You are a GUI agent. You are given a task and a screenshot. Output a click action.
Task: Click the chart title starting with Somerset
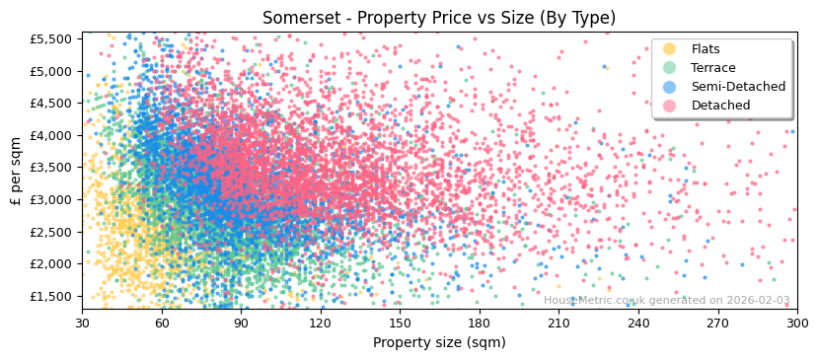(439, 18)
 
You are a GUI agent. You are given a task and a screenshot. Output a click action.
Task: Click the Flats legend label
(705, 49)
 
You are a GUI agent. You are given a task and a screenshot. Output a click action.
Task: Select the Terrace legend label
(712, 68)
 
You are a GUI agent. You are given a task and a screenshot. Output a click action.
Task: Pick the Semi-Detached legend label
(732, 87)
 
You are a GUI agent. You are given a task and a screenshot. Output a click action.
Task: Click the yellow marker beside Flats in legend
(670, 49)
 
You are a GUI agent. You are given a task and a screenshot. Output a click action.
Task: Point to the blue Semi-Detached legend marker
(670, 87)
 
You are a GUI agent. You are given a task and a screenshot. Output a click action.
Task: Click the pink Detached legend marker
(670, 106)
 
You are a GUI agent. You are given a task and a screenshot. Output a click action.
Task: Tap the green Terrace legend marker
(670, 68)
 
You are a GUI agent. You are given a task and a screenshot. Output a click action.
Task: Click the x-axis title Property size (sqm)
(439, 343)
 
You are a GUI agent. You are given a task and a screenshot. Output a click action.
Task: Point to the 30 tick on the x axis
(82, 323)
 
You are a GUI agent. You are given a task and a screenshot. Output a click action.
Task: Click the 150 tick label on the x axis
(400, 323)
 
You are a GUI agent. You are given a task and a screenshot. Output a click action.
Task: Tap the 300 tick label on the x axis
(796, 323)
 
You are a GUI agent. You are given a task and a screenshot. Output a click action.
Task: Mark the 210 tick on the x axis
(558, 323)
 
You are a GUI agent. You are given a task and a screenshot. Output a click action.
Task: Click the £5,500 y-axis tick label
(50, 38)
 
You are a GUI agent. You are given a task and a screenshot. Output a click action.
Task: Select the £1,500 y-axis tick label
(50, 296)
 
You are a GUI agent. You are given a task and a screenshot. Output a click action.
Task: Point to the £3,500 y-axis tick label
(50, 168)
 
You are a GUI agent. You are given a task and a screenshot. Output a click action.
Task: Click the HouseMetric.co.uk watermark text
(666, 301)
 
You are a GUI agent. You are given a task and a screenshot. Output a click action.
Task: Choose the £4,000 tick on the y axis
(50, 135)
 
